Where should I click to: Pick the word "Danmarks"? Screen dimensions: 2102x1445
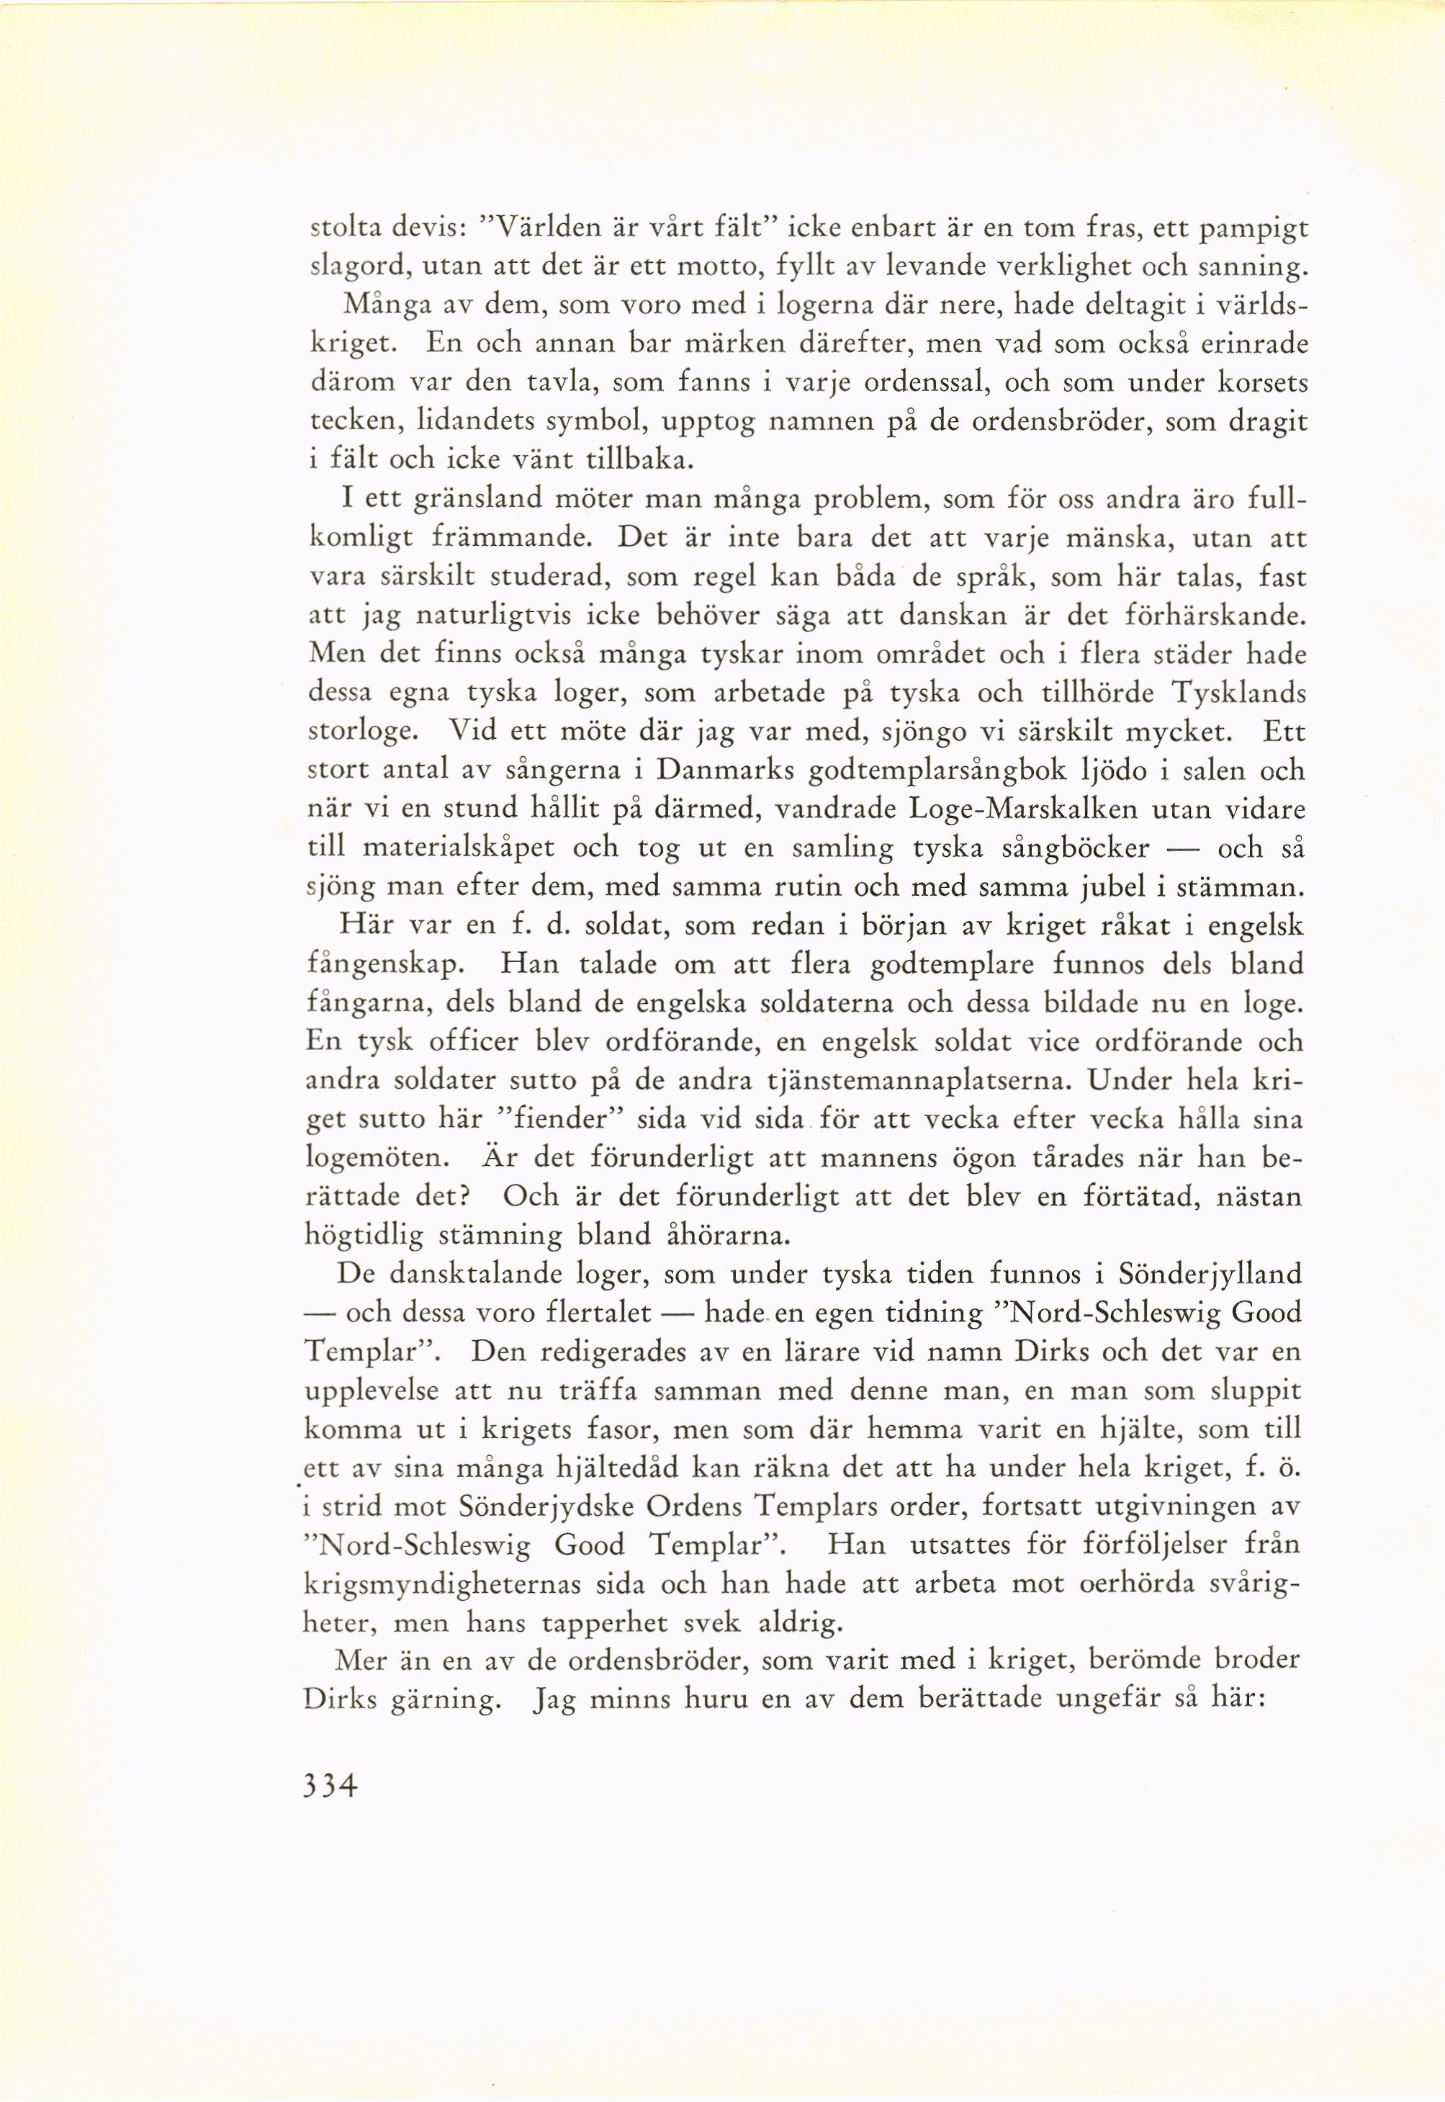(725, 771)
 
